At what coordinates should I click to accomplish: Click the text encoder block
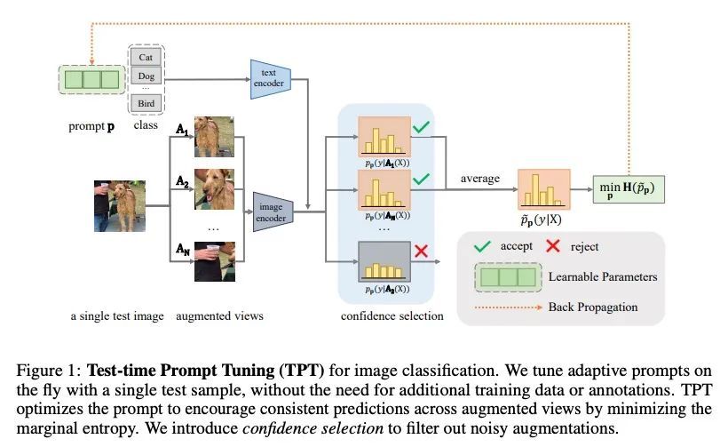coord(271,79)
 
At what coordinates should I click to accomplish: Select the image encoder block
coord(273,212)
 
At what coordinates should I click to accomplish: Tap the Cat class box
coord(146,57)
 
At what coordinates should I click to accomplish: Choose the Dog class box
coord(146,76)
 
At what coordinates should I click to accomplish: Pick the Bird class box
coord(146,103)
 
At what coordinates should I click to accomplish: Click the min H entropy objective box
coord(629,189)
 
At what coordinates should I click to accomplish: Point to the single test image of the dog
coord(120,206)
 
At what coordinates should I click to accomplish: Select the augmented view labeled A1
coord(214,137)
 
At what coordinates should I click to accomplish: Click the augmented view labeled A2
coord(214,189)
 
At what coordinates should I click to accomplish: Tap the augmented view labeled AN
coord(215,261)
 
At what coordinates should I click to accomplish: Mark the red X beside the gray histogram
coord(421,251)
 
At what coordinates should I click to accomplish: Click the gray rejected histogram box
coord(384,261)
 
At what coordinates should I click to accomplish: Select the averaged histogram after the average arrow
coord(543,189)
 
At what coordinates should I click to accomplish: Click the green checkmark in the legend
coord(482,246)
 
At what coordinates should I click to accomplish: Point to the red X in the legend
coord(553,246)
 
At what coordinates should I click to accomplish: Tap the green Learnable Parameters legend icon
coord(508,277)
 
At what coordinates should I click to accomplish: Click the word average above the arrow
coord(480,179)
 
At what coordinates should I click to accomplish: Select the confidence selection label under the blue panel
coord(392,316)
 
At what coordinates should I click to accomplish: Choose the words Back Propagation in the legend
coord(593,307)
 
